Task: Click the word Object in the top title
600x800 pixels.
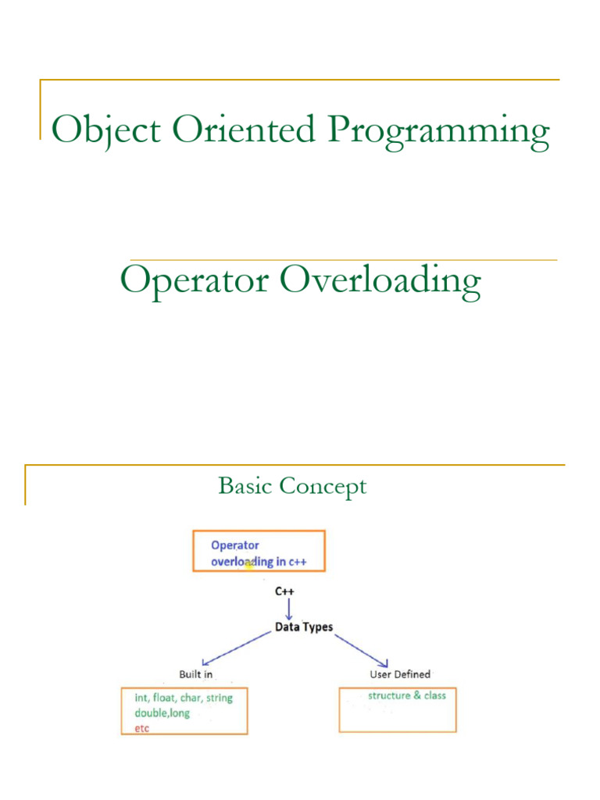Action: pyautogui.click(x=95, y=130)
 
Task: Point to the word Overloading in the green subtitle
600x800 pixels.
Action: pyautogui.click(x=380, y=282)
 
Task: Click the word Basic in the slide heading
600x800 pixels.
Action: pyautogui.click(x=245, y=487)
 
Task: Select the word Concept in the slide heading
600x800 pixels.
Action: pyautogui.click(x=323, y=487)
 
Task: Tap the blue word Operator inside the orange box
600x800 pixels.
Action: pyautogui.click(x=235, y=545)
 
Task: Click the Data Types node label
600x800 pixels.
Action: pyautogui.click(x=304, y=627)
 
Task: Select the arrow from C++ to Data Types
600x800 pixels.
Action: pyautogui.click(x=289, y=609)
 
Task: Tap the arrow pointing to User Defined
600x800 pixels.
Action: pyautogui.click(x=362, y=650)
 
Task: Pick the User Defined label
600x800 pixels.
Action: pyautogui.click(x=399, y=674)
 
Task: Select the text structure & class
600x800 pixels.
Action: pyautogui.click(x=407, y=695)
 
